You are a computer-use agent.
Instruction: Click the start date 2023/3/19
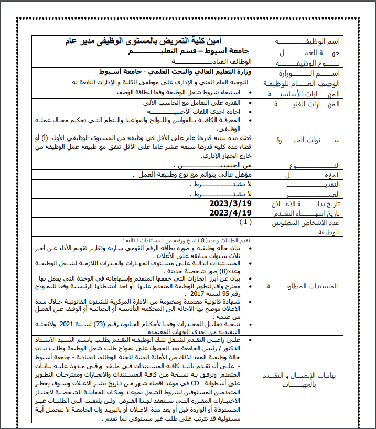point(231,203)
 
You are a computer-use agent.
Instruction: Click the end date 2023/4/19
point(231,212)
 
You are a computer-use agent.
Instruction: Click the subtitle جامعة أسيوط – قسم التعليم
point(189,51)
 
